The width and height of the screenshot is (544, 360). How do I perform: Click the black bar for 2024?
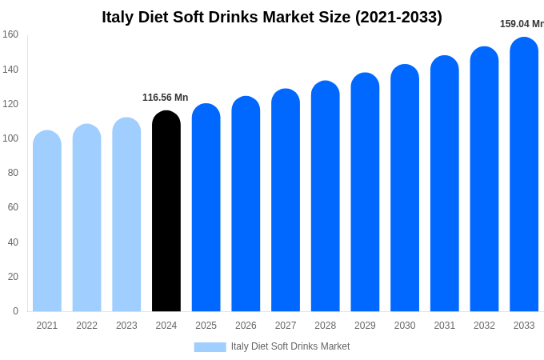166,212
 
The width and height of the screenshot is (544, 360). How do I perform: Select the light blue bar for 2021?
47,222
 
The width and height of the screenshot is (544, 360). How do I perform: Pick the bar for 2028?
325,197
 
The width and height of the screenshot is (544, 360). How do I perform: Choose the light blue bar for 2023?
126,215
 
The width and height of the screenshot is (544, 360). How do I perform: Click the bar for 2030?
405,189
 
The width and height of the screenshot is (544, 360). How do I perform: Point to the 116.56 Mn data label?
166,98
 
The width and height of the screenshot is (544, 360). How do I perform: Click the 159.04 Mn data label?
521,24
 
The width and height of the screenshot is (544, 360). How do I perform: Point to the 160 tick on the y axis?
10,34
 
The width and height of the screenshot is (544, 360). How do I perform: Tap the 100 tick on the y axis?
10,138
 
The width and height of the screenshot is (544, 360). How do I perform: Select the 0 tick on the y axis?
15,311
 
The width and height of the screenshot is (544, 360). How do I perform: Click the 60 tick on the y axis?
13,207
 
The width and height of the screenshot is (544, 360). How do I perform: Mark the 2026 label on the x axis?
246,326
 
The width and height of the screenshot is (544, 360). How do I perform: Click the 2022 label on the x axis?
86,326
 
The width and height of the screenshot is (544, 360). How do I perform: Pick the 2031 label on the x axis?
444,326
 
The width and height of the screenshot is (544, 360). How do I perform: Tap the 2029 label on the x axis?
365,326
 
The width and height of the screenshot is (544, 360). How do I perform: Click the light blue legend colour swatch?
210,347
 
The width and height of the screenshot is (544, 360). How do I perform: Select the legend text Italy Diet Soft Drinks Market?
290,346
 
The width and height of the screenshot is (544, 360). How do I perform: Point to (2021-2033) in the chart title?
398,17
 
